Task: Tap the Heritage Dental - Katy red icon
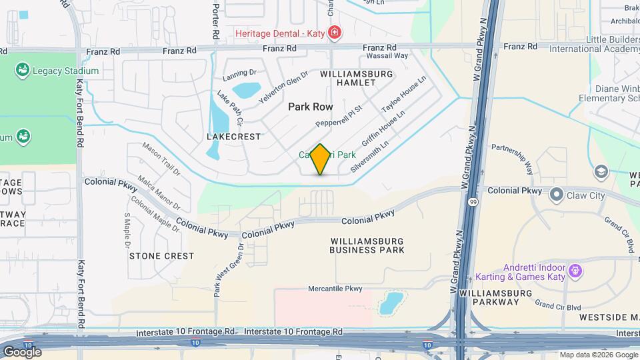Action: [335, 32]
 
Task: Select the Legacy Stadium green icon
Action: [23, 69]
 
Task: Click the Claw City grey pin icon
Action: [556, 195]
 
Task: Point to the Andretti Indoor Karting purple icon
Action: [576, 271]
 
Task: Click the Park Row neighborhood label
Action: [310, 107]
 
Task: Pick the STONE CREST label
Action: [161, 255]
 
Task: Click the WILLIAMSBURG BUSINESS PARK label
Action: [367, 245]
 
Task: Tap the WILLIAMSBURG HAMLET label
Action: [348, 77]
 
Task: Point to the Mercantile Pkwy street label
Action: [335, 289]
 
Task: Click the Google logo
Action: [21, 351]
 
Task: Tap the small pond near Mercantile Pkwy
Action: [391, 303]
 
